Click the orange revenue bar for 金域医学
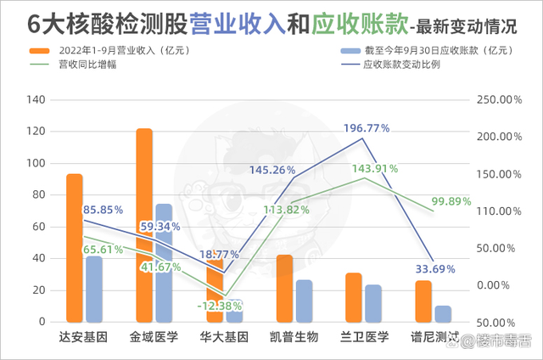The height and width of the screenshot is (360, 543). (144, 225)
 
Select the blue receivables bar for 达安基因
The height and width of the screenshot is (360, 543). (94, 289)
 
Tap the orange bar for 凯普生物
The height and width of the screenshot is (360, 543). (284, 289)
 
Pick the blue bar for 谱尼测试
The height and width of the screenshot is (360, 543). (443, 314)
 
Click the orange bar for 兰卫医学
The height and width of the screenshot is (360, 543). (354, 297)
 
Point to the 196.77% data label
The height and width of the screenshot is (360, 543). (367, 128)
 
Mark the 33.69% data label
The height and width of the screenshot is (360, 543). (434, 271)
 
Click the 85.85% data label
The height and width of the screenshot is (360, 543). (103, 209)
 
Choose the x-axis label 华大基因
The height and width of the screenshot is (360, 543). (224, 336)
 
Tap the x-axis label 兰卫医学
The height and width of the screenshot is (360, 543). (365, 336)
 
